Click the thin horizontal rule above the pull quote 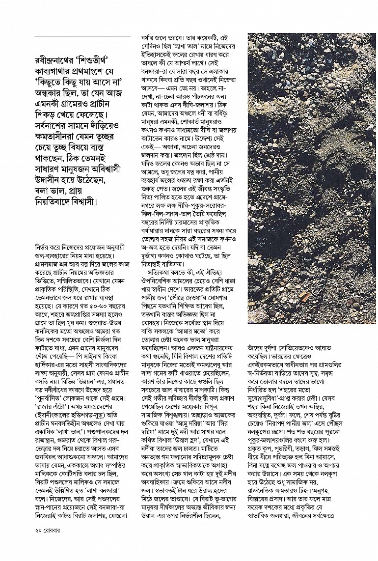click(82, 36)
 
